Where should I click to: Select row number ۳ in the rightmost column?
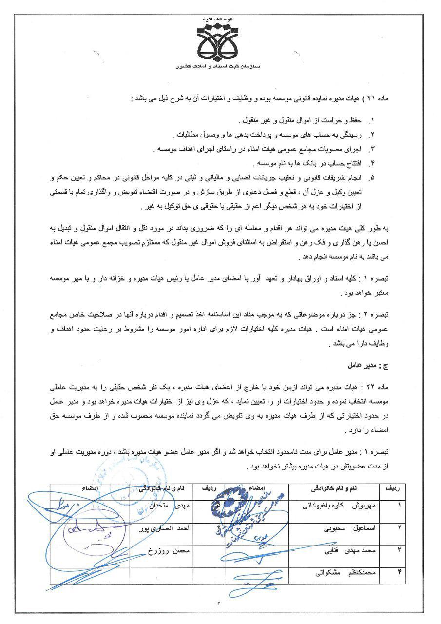(400, 550)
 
